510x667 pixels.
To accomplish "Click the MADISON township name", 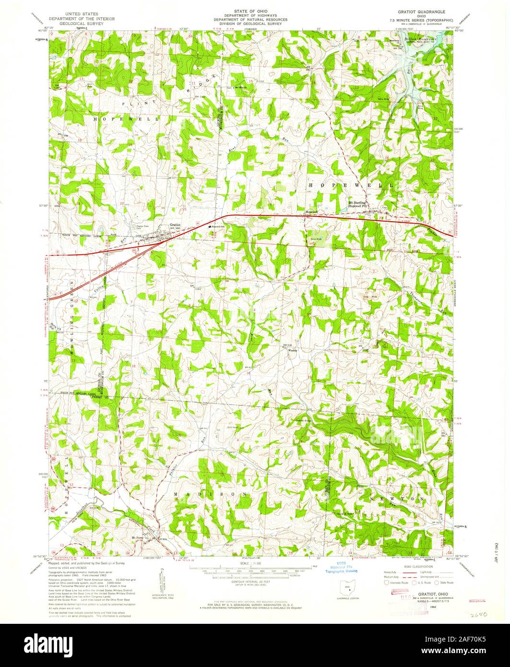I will point(211,494).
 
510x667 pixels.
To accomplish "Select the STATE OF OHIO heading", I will point(250,10).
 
